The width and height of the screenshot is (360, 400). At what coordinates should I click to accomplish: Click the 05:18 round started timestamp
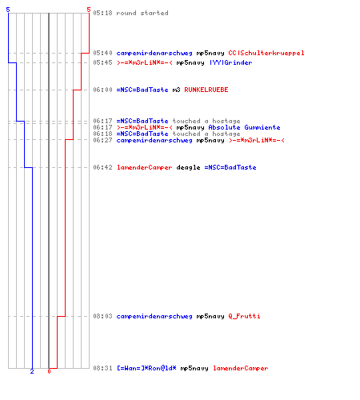[102, 13]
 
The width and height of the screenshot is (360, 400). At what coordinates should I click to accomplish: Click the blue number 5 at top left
[8, 10]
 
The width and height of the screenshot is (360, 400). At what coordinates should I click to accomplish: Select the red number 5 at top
[89, 10]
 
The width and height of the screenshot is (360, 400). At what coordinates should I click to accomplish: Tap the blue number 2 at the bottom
[32, 371]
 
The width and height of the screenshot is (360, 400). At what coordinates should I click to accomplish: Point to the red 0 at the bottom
[49, 371]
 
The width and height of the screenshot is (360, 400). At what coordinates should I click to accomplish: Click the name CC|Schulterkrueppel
[266, 53]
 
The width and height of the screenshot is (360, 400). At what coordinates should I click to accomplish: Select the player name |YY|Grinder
[231, 62]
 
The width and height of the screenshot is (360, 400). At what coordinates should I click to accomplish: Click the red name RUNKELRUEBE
[206, 90]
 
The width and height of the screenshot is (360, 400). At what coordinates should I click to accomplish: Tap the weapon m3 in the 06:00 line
[176, 90]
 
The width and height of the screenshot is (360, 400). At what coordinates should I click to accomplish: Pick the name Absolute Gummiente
[244, 127]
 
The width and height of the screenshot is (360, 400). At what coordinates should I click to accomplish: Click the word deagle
[188, 167]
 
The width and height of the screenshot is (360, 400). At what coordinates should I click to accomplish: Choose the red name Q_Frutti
[244, 316]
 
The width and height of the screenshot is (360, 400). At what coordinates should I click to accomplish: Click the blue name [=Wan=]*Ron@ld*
[146, 368]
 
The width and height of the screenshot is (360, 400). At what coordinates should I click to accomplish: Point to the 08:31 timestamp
[102, 368]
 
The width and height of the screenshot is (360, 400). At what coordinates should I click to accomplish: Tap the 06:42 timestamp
[102, 167]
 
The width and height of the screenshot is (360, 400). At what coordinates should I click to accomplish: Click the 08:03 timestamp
[102, 316]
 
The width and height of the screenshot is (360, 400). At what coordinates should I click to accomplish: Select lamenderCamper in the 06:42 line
[144, 167]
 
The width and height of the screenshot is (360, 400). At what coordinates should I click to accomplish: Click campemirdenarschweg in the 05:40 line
[154, 53]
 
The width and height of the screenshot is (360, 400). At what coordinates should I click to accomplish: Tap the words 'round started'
[142, 13]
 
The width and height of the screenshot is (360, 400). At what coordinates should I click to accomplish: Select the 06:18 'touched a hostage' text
[206, 134]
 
